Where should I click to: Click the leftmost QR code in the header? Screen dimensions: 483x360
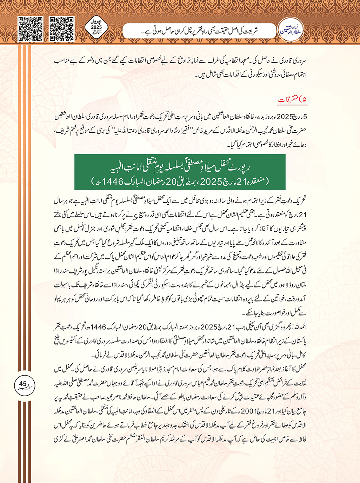pos(30,29)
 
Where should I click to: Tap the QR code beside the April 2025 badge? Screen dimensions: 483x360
pos(62,29)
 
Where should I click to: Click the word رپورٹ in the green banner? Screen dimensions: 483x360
pos(240,167)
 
